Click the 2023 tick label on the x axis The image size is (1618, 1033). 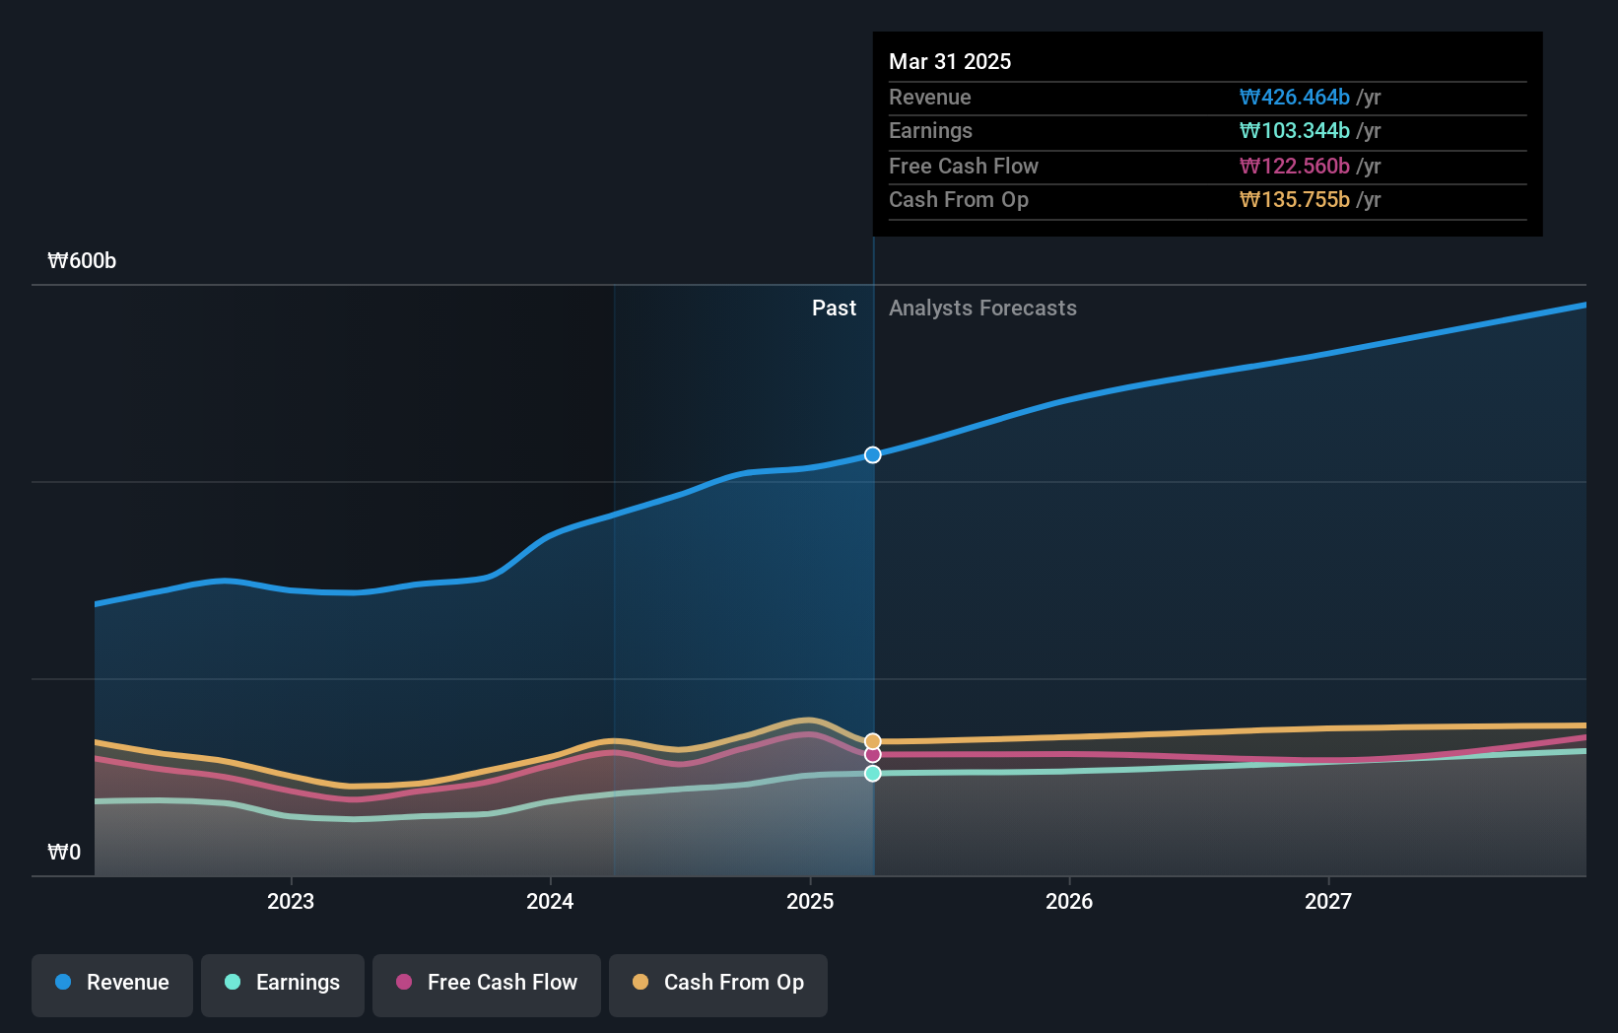pos(291,901)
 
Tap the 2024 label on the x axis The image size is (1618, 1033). pos(550,901)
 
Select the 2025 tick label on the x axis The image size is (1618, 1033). pos(810,901)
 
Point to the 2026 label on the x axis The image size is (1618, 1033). pos(1069,901)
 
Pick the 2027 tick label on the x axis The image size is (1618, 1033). pos(1328,901)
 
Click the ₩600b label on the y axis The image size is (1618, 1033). pos(82,261)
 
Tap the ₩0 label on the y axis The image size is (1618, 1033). pos(64,853)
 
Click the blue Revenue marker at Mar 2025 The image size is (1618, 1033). pos(873,454)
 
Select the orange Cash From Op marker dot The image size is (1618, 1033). pos(873,741)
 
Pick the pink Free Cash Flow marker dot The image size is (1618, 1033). pos(873,755)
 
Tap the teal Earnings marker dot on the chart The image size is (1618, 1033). pos(873,774)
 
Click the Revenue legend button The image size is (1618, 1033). pos(112,983)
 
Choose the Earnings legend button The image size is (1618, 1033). pos(283,983)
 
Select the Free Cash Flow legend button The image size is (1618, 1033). pos(487,983)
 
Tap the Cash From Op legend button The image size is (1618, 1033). pos(718,983)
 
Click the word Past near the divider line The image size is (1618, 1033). pos(834,309)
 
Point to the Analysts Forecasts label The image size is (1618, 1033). pos(982,309)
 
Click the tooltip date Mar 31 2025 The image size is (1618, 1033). pos(950,61)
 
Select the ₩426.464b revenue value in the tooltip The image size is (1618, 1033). pos(1294,98)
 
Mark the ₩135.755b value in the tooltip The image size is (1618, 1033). pos(1294,200)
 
